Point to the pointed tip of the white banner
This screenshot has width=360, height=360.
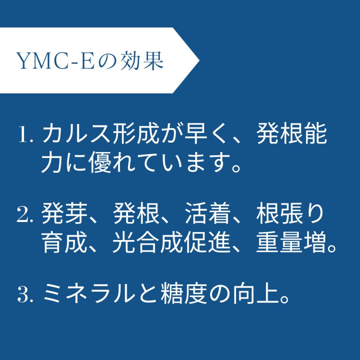(198, 60)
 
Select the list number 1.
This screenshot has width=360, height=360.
(24, 136)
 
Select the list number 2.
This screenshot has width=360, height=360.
(25, 216)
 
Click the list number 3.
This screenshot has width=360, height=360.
(25, 296)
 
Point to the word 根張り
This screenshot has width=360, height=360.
(290, 216)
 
